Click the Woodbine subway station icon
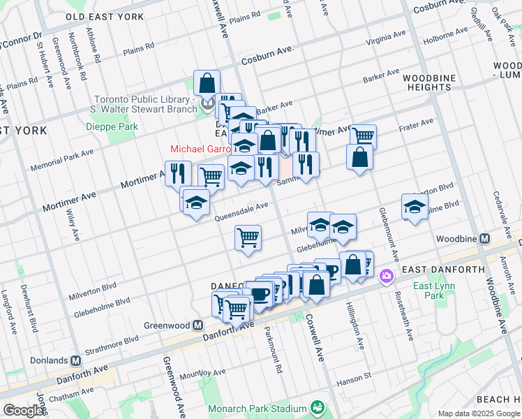[x=484, y=238]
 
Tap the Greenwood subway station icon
[x=198, y=325]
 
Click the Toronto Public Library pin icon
[x=207, y=105]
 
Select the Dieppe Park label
[x=112, y=126]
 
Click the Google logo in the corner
[x=24, y=411]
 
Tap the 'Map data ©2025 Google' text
[x=479, y=413]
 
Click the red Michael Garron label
[x=200, y=149]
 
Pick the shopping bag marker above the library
[x=207, y=84]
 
